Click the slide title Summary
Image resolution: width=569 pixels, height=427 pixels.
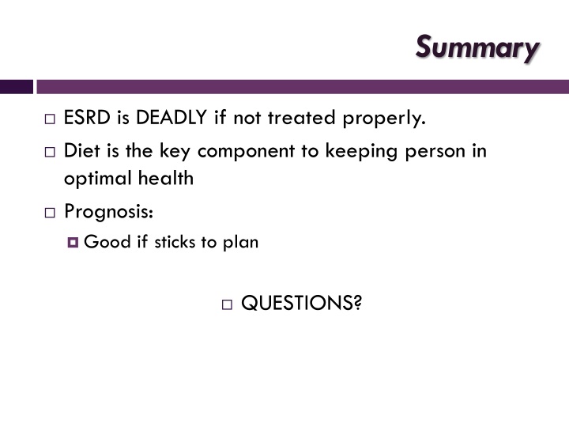[478, 47]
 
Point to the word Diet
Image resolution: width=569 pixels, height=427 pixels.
[81, 150]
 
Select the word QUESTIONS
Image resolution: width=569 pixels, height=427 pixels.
[300, 304]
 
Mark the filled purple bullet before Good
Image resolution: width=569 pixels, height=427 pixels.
[73, 243]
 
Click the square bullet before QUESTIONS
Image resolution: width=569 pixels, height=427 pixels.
[227, 304]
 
